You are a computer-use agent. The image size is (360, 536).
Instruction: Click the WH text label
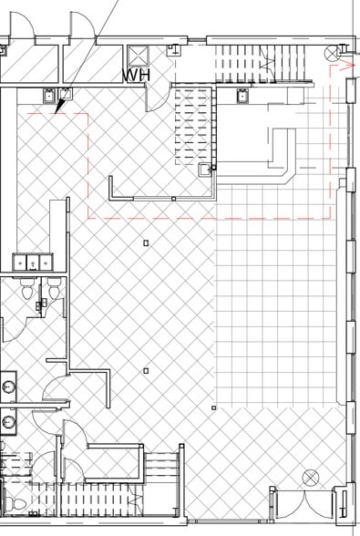137,76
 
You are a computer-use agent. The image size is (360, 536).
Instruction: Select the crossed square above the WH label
139,56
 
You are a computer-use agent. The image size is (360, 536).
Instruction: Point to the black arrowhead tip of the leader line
56,112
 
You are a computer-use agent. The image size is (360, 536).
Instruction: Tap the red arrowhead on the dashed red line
348,65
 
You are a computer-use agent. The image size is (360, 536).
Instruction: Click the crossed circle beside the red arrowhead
332,53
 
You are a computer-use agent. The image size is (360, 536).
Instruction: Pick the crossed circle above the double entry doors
311,478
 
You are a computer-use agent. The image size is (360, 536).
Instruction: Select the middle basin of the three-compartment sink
33,263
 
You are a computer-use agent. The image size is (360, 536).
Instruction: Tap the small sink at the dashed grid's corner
205,169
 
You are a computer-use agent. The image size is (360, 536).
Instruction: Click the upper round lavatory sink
7,387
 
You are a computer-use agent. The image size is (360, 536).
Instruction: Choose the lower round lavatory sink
7,423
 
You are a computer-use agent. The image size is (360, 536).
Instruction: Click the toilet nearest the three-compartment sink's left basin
26,289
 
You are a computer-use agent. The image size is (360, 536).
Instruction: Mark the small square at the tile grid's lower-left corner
214,407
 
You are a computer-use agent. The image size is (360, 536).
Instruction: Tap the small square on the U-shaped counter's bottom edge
174,199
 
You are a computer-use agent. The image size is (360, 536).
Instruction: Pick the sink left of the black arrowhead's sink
50,96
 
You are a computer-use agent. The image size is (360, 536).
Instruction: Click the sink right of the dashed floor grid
242,96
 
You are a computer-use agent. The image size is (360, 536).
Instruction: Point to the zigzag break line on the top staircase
267,64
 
